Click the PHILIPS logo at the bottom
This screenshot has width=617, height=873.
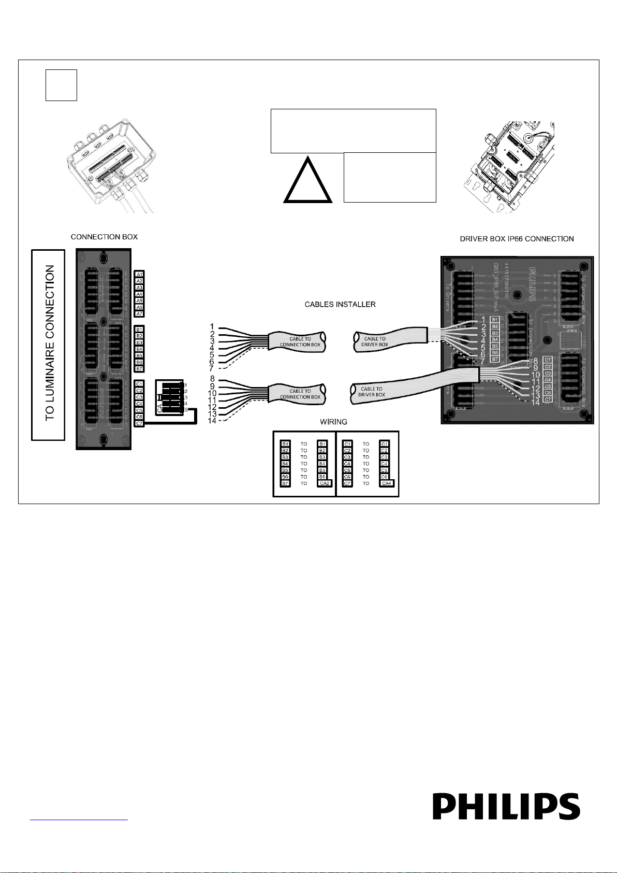coord(506,807)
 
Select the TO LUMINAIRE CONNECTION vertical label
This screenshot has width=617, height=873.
coord(49,345)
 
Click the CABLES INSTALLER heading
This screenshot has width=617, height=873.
coord(340,304)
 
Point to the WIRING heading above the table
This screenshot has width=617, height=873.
coord(333,422)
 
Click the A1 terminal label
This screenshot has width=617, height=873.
coord(139,274)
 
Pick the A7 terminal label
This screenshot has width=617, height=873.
coord(139,314)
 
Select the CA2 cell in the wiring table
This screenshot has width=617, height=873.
coord(325,483)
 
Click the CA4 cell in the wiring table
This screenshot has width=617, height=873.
coord(387,483)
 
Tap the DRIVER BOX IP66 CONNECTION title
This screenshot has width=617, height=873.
coord(517,239)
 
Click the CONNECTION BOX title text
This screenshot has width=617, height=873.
coord(104,237)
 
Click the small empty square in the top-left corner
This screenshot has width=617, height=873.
coord(61,85)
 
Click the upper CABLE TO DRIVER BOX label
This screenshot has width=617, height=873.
coord(375,341)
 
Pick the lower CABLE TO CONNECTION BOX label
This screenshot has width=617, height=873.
coord(300,394)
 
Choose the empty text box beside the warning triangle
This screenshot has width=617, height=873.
coord(390,177)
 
